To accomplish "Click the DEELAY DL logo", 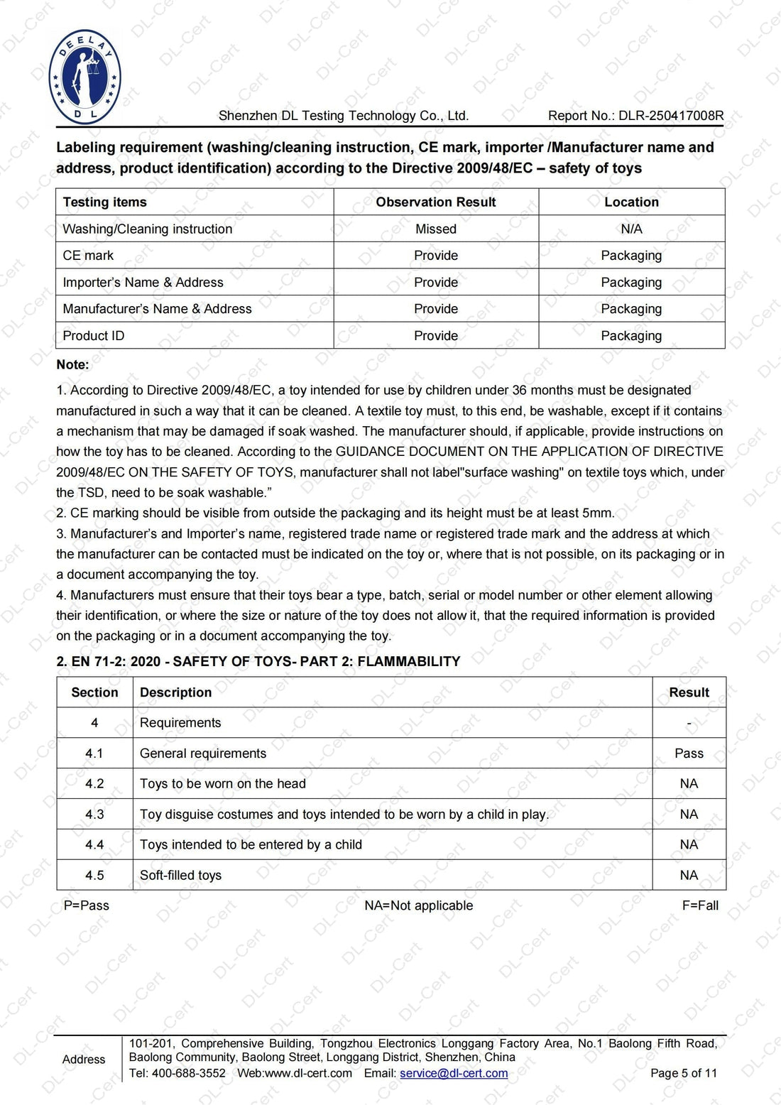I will pos(85,77).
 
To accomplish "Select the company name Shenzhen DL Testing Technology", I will pos(343,116).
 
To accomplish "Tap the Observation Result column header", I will pos(435,202).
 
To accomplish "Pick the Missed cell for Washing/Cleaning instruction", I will pos(435,229).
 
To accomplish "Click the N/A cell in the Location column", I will pos(631,229).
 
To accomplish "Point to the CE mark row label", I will pos(88,256).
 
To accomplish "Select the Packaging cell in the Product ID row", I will pos(631,336).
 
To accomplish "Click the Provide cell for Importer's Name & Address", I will pos(435,283).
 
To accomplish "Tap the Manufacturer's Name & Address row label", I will pos(157,309).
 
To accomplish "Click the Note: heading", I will pos(72,364).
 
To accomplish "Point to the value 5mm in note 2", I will pos(598,513).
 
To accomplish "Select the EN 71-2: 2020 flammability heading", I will pos(258,661).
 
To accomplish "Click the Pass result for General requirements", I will pos(689,753).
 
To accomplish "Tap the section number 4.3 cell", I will pos(94,815).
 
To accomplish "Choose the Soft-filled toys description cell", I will pos(180,876).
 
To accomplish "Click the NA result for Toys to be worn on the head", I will pos(689,784).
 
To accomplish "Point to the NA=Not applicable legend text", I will pos(418,905).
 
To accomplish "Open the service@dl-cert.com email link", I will pos(454,1073).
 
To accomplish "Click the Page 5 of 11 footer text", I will pos(683,1073).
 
